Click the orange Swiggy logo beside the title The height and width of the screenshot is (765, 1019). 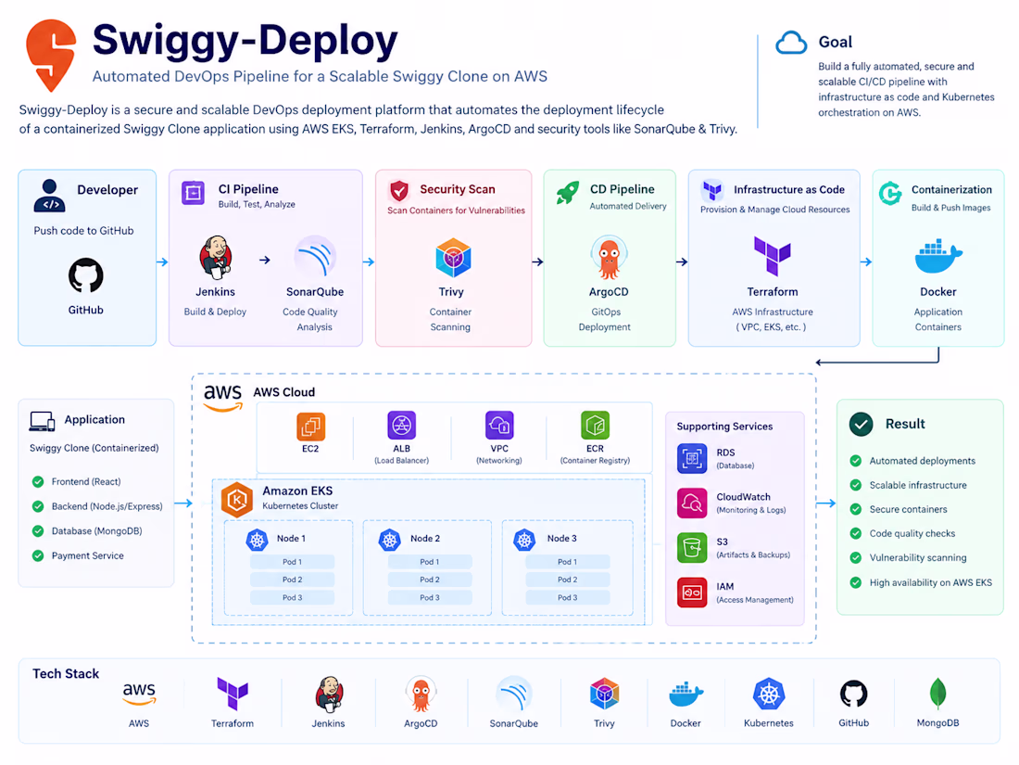point(51,55)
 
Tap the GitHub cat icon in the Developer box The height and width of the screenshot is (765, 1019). point(86,275)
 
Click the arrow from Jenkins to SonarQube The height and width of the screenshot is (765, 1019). point(265,261)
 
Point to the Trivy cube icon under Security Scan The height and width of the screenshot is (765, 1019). point(453,258)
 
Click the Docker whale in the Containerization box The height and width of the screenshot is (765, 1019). point(937,256)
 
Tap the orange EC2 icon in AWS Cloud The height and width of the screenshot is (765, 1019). point(310,427)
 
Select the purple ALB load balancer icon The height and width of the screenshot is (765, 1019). point(402,426)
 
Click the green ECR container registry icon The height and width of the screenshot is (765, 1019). point(595,426)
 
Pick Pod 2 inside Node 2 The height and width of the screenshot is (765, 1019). point(429,580)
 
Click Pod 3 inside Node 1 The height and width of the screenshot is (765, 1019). point(293,597)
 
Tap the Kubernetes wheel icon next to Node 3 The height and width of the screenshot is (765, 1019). point(524,540)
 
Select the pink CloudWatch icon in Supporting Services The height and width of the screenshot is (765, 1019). point(691,503)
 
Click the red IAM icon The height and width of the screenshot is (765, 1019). point(691,592)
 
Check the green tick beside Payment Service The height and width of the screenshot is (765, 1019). point(38,555)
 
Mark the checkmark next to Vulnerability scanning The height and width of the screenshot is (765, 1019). point(856,557)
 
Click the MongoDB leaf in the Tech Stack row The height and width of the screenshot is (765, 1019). point(937,694)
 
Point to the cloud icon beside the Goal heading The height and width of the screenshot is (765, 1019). point(791,43)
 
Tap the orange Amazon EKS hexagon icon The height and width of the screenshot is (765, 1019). point(237,500)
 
